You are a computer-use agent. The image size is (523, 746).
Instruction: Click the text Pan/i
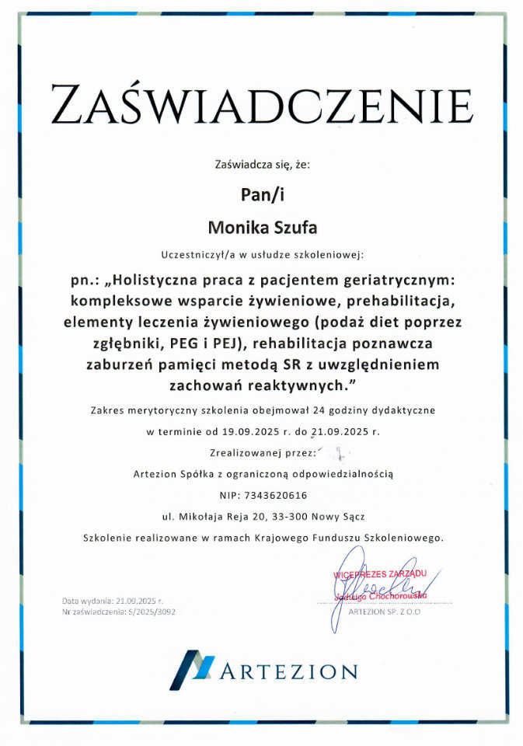[x=261, y=195]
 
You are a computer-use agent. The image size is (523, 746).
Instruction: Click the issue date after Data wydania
[x=141, y=601]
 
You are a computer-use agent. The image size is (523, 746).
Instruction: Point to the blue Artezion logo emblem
[x=191, y=671]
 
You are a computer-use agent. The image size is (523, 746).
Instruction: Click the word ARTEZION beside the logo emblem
[x=289, y=671]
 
